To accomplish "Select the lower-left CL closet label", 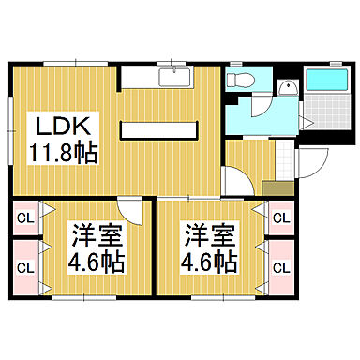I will (x=25, y=266).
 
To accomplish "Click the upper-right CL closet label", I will (x=280, y=219).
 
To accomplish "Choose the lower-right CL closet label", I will (x=280, y=266).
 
